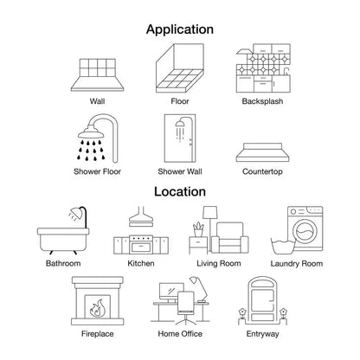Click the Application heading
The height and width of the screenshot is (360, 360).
pos(180,29)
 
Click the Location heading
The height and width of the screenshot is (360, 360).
pos(180,192)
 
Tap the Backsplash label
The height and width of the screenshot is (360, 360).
pos(262,101)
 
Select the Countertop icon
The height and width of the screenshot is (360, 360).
pos(262,152)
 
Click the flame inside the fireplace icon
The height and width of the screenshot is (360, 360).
pos(97,308)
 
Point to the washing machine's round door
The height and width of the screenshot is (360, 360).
pos(305,231)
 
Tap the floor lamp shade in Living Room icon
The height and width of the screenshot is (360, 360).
pos(209,213)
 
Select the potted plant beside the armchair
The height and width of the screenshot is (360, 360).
pos(198,229)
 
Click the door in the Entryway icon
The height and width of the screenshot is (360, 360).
pos(262,300)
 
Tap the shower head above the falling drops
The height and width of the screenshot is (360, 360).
pos(91,132)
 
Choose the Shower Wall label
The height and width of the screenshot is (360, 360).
pos(180,171)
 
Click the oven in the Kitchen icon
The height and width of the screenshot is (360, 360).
pos(141,245)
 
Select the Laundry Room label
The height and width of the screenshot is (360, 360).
pos(297,264)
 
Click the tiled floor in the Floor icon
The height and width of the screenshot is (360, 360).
pos(179,81)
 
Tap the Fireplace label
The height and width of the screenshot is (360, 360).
pos(98,334)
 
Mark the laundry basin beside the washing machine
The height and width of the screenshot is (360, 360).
pos(283,246)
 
